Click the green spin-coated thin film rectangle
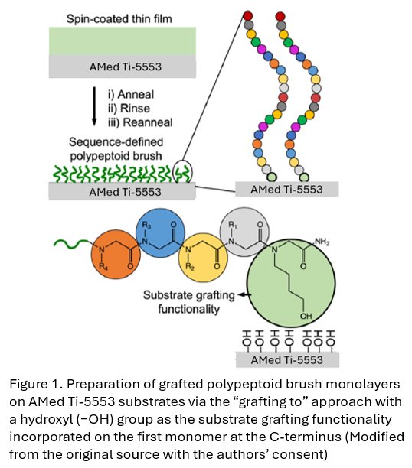point(123,41)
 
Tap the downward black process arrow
point(94,106)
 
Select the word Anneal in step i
point(136,94)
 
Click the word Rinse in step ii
point(135,109)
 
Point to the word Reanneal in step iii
point(148,122)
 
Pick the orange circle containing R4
point(116,254)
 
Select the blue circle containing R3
point(160,232)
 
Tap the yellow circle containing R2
point(203,258)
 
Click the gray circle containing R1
point(244,232)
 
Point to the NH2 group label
point(322,242)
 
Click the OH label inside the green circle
point(306,316)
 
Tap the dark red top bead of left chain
point(247,15)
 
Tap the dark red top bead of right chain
point(280,16)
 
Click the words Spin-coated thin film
point(119,19)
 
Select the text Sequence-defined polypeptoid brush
point(116,149)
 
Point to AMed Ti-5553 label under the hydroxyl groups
point(287,359)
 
